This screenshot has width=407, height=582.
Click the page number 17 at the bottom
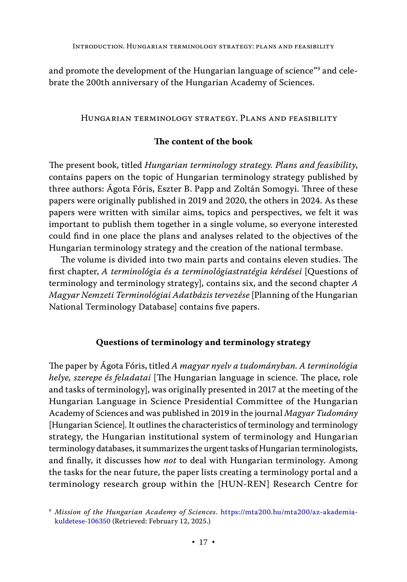point(203,542)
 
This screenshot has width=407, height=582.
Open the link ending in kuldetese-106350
point(82,521)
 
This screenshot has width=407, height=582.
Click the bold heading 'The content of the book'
point(203,141)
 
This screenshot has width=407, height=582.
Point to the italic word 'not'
point(170,460)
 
